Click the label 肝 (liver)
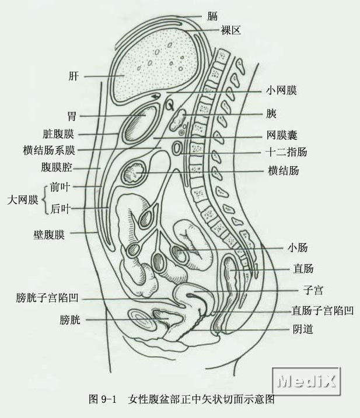[x=74, y=76]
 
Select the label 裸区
[x=230, y=30]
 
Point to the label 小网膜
[x=281, y=91]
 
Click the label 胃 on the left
[x=71, y=117]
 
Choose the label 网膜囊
[x=282, y=135]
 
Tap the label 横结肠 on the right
[x=284, y=171]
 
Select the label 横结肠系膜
[x=49, y=150]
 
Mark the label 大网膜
[x=22, y=200]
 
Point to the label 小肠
[x=296, y=247]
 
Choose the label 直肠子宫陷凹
[x=323, y=310]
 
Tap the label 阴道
[x=302, y=329]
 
